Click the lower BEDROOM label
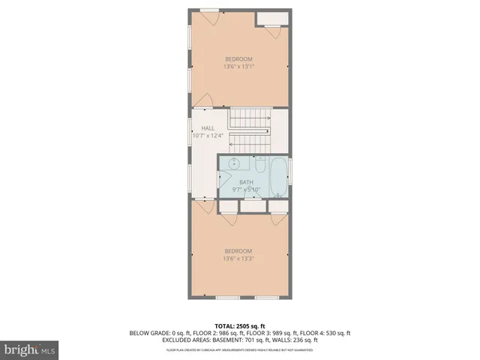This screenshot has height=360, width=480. click(238, 250)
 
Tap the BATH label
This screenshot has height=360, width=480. click(246, 182)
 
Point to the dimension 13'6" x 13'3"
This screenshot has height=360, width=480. click(238, 259)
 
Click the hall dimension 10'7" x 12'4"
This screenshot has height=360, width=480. click(208, 136)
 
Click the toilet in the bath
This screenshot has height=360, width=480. click(259, 159)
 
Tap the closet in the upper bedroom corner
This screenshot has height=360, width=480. click(269, 19)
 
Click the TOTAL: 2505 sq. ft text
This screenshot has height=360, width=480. click(239, 325)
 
